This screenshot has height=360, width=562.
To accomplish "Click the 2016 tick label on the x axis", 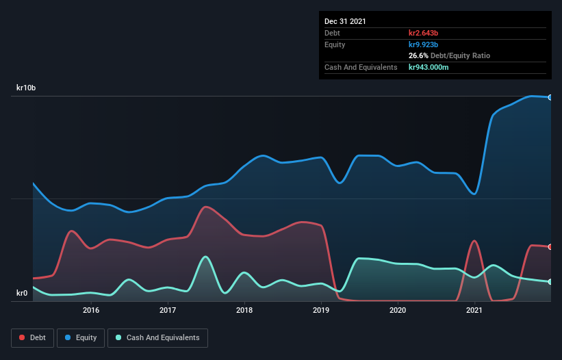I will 91,310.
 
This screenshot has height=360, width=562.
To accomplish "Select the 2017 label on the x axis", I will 168,310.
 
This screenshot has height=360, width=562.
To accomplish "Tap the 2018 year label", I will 244,310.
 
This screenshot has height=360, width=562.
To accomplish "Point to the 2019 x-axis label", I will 321,310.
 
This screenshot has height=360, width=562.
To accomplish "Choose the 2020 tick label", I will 398,310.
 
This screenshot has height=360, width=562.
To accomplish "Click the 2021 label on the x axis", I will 474,310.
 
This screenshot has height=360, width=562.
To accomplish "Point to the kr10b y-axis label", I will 26,88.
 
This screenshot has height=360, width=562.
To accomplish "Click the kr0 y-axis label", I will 22,293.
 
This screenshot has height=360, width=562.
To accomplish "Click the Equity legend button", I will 81,337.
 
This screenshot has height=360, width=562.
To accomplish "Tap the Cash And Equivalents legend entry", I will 157,337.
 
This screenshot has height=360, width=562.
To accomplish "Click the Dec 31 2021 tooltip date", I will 345,21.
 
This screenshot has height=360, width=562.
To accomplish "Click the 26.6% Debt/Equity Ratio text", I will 449,55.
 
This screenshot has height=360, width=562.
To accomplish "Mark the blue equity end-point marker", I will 550,97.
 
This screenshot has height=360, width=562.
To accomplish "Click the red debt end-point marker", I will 550,247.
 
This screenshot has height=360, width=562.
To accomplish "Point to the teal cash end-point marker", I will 550,281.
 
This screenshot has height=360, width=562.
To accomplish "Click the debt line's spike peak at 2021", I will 474,240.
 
